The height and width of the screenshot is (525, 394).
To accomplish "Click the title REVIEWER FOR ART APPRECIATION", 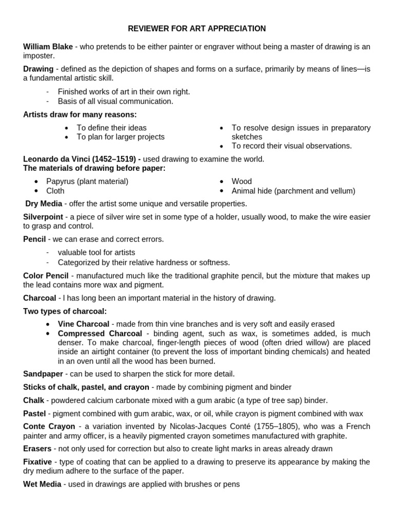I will click(x=197, y=29).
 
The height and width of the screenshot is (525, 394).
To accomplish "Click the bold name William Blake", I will click(x=48, y=47).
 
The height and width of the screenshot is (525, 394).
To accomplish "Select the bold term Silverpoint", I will click(x=43, y=217).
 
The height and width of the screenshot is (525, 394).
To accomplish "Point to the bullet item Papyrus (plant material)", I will click(x=87, y=181).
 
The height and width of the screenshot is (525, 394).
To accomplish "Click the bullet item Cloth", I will click(x=55, y=191).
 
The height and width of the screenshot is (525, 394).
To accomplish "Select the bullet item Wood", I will click(x=242, y=181).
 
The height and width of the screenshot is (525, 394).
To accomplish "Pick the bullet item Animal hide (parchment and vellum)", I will click(x=293, y=191).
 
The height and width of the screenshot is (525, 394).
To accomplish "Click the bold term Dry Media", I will click(x=44, y=204).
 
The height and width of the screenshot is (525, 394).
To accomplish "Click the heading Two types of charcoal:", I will click(x=65, y=311).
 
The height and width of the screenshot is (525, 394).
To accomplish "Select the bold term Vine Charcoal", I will click(x=84, y=324).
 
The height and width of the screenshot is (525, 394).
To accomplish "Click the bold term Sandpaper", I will click(x=43, y=374).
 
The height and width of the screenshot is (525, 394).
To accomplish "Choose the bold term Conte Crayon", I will click(x=49, y=427).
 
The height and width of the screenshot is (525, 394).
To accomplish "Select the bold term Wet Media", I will click(x=42, y=484).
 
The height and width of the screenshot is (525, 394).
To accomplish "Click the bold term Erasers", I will click(x=37, y=449).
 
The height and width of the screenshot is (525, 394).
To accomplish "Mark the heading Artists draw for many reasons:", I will click(x=80, y=114).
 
